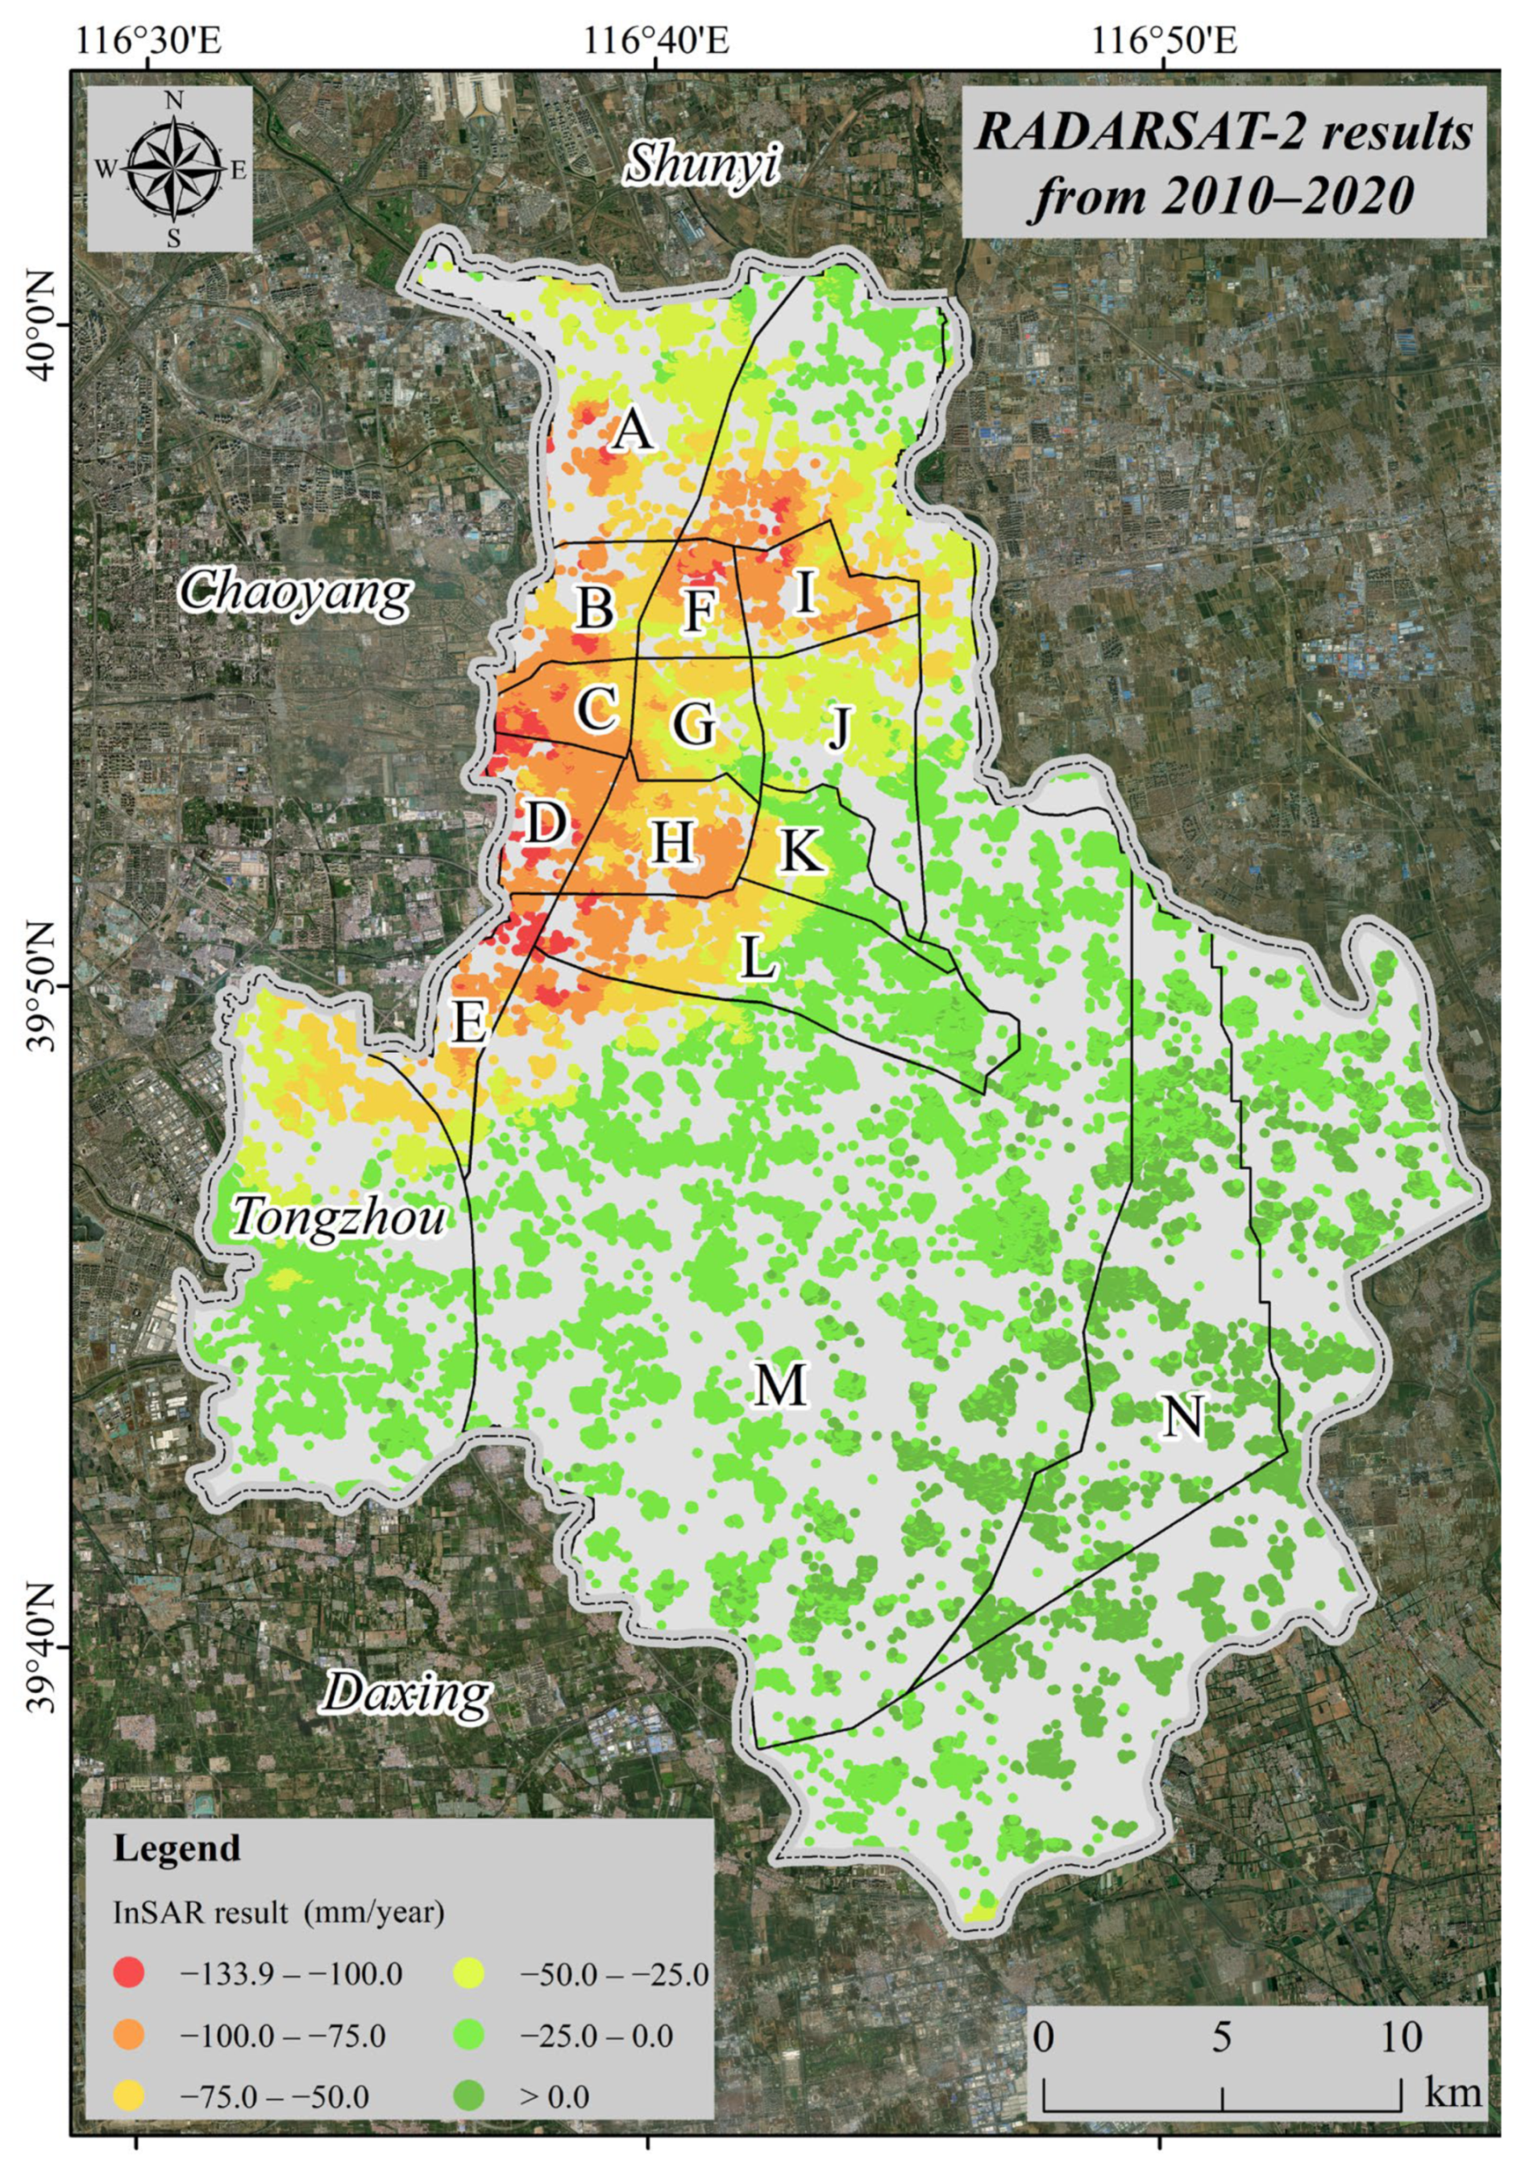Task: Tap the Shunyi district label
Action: [x=703, y=164]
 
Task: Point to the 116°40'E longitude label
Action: [x=656, y=41]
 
